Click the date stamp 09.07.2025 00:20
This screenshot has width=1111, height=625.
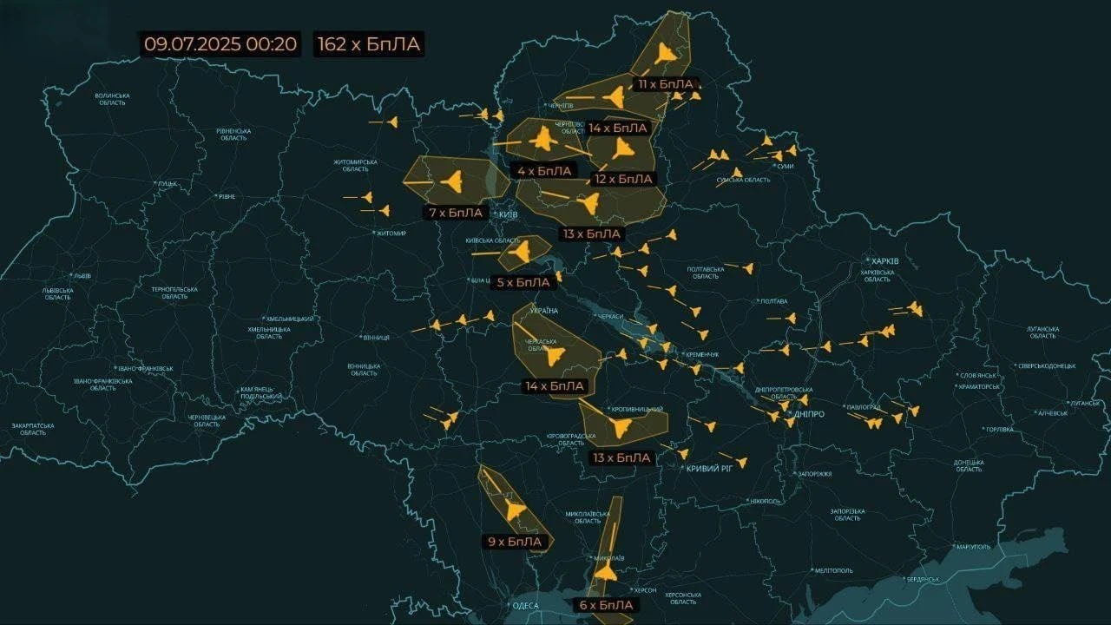(x=220, y=44)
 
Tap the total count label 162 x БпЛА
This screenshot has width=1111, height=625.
(x=370, y=44)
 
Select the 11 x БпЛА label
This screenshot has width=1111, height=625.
(x=666, y=84)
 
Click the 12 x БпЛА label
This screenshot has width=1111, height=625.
(x=622, y=179)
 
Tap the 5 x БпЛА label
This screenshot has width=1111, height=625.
(x=523, y=282)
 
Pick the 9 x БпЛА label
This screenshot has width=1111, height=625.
(x=515, y=542)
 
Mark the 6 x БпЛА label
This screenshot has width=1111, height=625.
(x=606, y=604)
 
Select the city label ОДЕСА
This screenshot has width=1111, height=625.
(x=526, y=606)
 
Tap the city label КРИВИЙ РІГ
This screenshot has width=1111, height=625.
(x=709, y=469)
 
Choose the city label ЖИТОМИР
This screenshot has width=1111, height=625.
(x=391, y=233)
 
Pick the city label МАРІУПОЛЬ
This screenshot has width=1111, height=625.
(x=971, y=547)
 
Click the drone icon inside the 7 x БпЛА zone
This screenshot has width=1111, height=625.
(x=451, y=181)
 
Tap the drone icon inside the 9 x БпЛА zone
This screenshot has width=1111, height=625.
(x=514, y=510)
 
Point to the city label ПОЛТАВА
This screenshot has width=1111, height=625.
(x=773, y=301)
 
